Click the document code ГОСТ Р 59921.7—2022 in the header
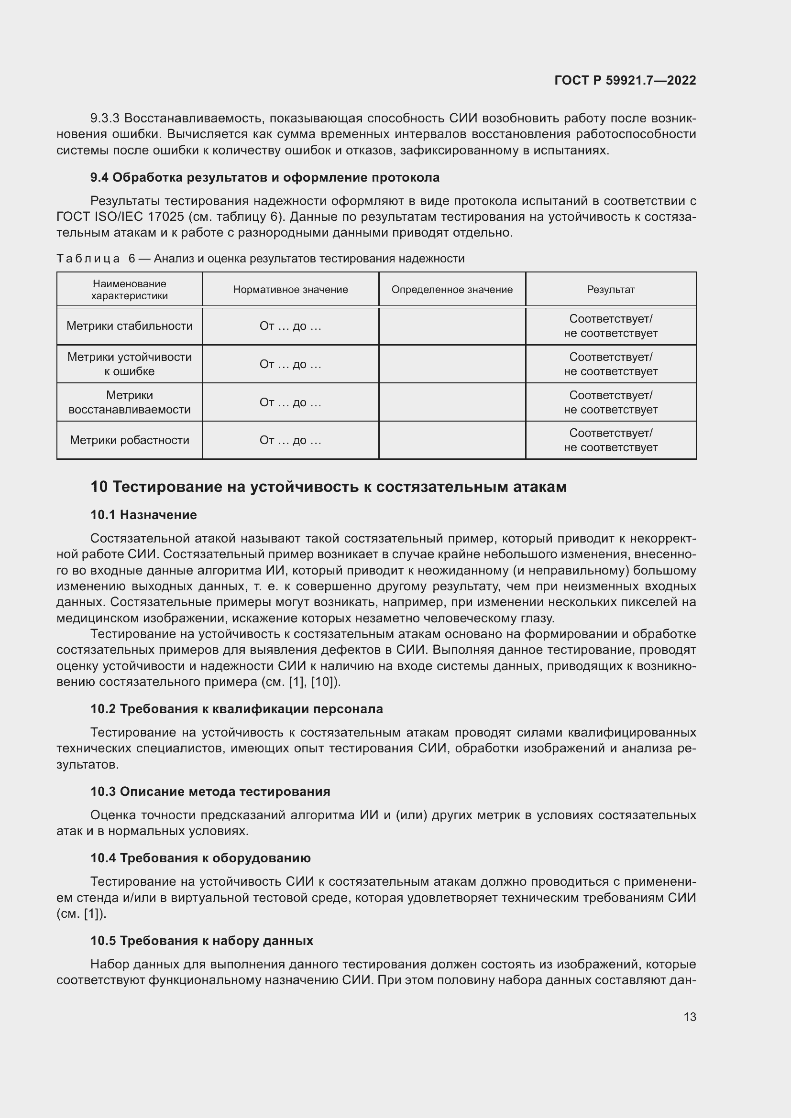tap(625, 80)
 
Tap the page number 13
tap(690, 1017)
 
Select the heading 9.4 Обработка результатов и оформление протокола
tap(264, 177)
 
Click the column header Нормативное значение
tap(290, 290)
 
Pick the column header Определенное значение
tap(452, 290)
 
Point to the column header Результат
tap(610, 290)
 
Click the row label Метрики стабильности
tap(130, 326)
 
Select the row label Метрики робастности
tap(130, 440)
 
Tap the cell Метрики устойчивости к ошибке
tap(130, 364)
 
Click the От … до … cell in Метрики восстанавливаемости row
tap(290, 402)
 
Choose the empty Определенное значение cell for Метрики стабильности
tap(452, 326)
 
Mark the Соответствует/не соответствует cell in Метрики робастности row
tap(610, 440)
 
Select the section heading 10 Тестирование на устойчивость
tap(328, 487)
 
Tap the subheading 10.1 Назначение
tap(143, 515)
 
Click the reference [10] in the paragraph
tap(321, 682)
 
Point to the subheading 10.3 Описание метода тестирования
tap(210, 792)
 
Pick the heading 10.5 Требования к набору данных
tap(202, 941)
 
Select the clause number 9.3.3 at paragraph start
tap(105, 119)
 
